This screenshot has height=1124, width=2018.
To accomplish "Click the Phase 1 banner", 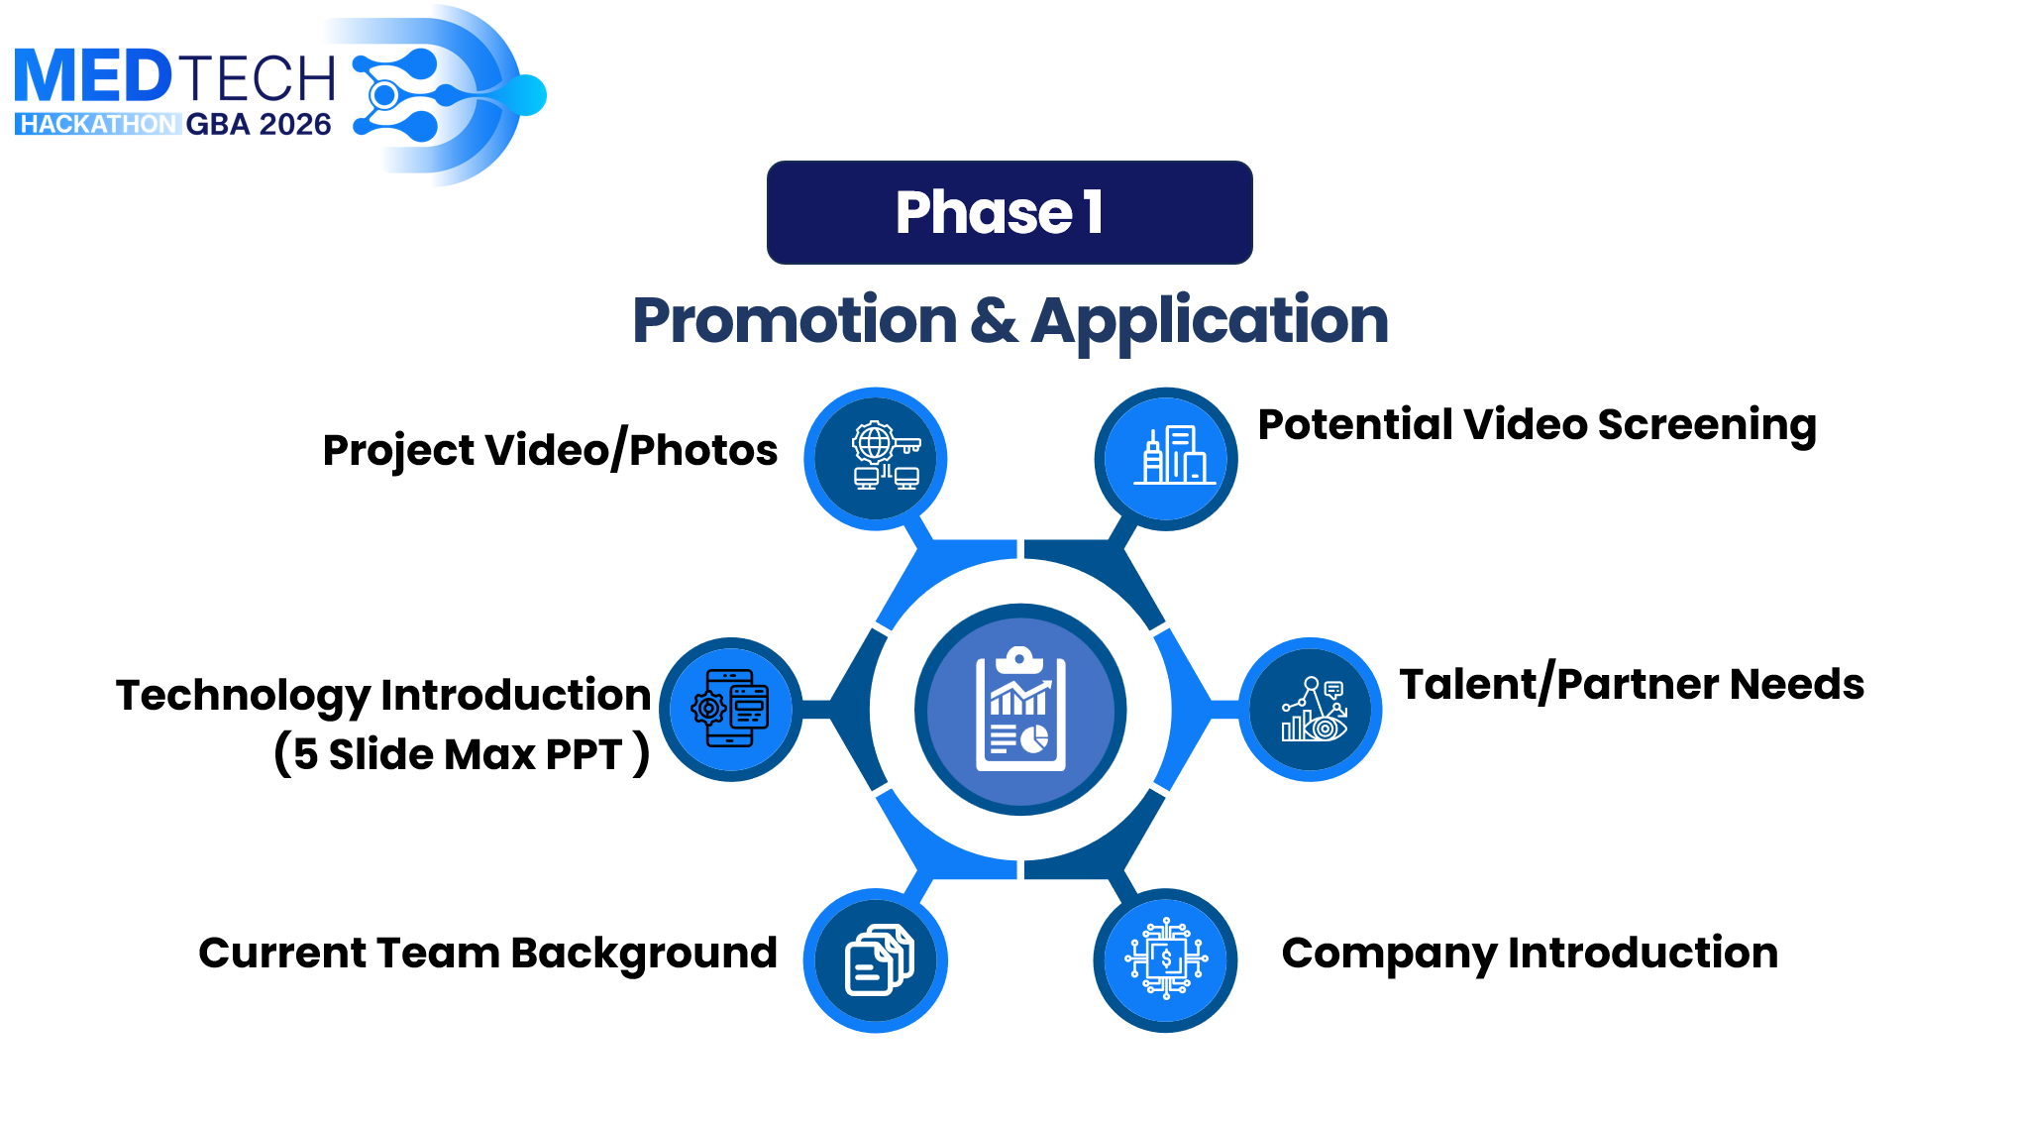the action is (1009, 212).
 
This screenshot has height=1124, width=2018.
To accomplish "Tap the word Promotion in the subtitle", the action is (795, 320).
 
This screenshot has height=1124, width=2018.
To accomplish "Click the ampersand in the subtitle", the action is (994, 320).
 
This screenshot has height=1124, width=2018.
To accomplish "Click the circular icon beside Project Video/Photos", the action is (876, 459).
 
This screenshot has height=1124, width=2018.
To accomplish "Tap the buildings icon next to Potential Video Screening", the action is (1166, 459).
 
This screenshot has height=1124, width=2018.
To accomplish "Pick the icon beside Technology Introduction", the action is (731, 710).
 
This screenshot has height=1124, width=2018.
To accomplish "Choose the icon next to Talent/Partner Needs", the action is (1311, 710).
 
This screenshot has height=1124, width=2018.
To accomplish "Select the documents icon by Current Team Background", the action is (876, 960).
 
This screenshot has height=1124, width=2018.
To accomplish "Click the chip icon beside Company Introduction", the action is (1166, 960).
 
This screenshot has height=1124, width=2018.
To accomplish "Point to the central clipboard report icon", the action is (1020, 710).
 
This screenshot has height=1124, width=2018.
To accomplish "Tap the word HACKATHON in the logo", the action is (97, 124).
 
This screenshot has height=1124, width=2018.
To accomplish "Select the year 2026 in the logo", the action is (294, 124).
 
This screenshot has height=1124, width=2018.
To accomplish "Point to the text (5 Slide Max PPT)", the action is (462, 754).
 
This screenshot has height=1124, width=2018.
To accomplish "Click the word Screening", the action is (1707, 426).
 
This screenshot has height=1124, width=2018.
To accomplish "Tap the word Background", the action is (644, 955).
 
